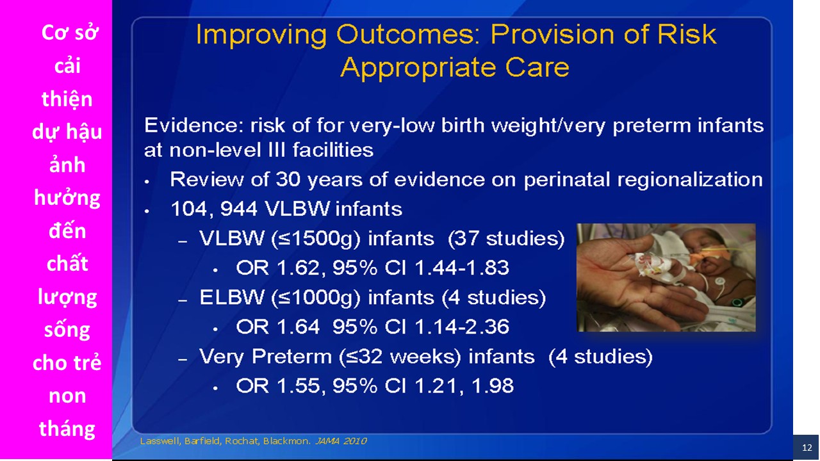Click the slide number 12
807,448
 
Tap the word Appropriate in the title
418,68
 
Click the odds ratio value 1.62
301,268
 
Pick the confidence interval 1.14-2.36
462,327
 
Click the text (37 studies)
506,239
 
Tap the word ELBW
232,297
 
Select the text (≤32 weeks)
400,357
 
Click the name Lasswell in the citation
160,441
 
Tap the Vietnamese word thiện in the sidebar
67,99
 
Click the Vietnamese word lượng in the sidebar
67,298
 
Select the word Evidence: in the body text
194,125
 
